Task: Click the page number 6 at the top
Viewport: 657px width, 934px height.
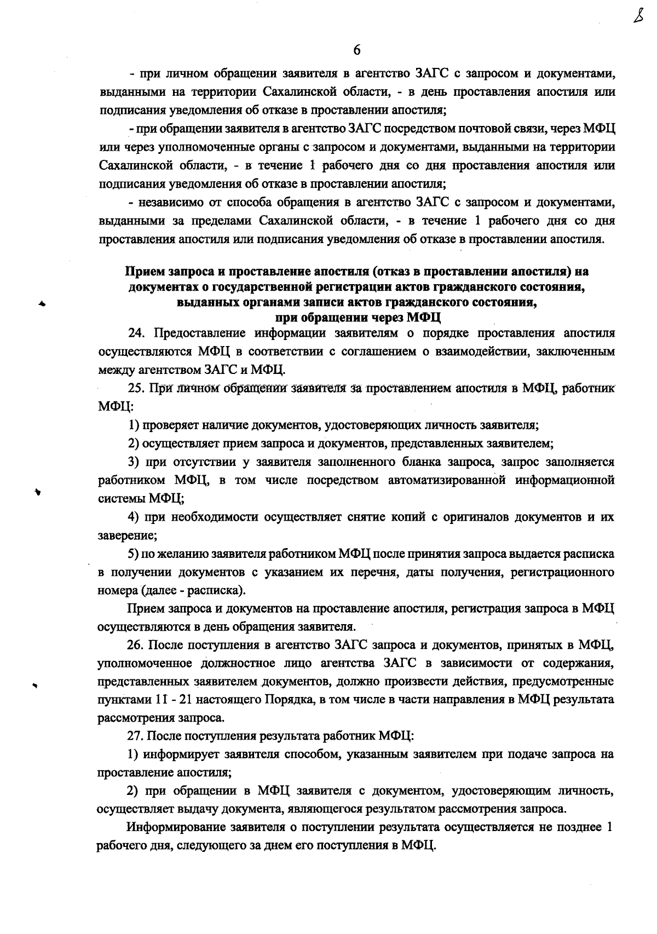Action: (356, 50)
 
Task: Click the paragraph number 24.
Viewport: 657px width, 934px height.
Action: (135, 333)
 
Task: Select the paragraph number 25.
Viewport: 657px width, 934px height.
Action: (135, 388)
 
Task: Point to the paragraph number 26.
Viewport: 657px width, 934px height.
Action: (135, 645)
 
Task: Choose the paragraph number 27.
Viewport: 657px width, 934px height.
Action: (135, 736)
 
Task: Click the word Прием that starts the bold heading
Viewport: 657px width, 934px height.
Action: (143, 271)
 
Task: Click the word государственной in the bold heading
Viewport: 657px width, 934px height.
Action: (256, 286)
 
